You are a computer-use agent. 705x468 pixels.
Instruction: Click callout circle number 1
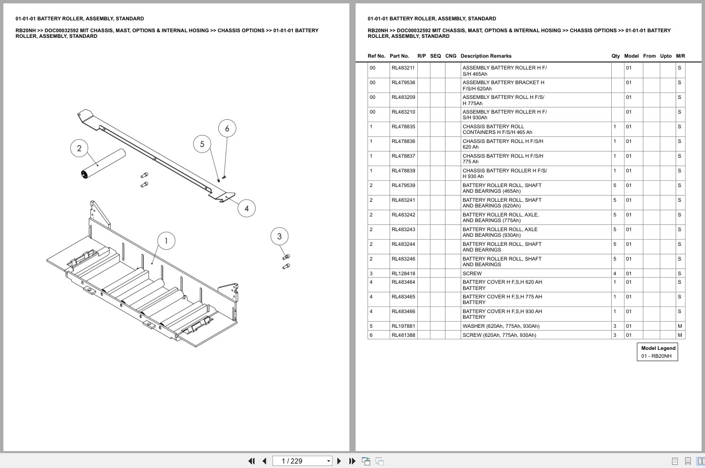pyautogui.click(x=166, y=241)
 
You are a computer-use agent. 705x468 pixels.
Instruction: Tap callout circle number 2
pyautogui.click(x=79, y=148)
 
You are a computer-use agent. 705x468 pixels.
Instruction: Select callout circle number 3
pyautogui.click(x=279, y=236)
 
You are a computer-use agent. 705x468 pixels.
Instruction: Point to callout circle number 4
pyautogui.click(x=246, y=209)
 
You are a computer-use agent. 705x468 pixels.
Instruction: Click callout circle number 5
pyautogui.click(x=202, y=144)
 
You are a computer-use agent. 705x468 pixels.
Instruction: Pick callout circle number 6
pyautogui.click(x=227, y=128)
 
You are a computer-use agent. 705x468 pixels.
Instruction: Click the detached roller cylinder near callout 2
pyautogui.click(x=103, y=164)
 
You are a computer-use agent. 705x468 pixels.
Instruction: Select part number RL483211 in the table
pyautogui.click(x=403, y=68)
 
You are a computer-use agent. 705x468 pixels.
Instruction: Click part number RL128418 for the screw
pyautogui.click(x=403, y=274)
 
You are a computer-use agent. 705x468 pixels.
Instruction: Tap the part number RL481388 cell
pyautogui.click(x=403, y=335)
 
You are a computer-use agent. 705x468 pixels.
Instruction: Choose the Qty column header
pyautogui.click(x=616, y=56)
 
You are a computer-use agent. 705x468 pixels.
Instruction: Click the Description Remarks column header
pyautogui.click(x=486, y=56)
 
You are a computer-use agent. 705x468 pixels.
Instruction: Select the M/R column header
pyautogui.click(x=681, y=56)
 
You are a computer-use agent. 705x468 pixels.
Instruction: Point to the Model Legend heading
pyautogui.click(x=658, y=348)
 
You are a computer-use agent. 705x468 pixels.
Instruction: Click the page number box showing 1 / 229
pyautogui.click(x=302, y=461)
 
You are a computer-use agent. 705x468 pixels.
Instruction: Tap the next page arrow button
pyautogui.click(x=339, y=461)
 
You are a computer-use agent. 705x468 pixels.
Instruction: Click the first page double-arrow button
pyautogui.click(x=252, y=461)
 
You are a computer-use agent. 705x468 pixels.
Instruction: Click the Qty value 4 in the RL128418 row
pyautogui.click(x=615, y=274)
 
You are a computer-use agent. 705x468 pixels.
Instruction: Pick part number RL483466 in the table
pyautogui.click(x=403, y=311)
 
